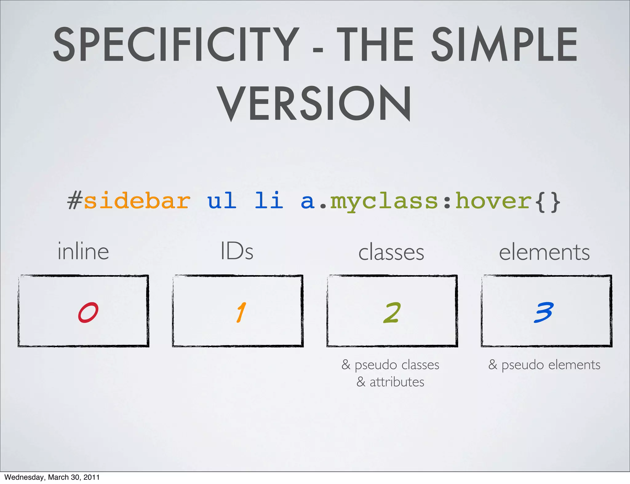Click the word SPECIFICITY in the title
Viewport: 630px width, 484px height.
click(x=176, y=45)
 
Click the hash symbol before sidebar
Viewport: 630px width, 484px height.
click(x=75, y=201)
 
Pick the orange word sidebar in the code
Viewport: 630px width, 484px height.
click(x=137, y=201)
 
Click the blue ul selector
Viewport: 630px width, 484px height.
click(x=221, y=201)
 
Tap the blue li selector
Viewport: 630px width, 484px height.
click(x=269, y=201)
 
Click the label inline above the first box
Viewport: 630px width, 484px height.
click(x=83, y=252)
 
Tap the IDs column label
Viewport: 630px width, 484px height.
click(x=237, y=252)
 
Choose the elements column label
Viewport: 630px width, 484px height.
click(x=544, y=252)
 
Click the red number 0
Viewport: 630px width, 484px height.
click(x=88, y=312)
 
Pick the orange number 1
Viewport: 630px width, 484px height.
click(x=241, y=312)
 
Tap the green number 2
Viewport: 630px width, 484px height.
click(x=392, y=313)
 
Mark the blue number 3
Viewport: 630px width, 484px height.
click(x=544, y=312)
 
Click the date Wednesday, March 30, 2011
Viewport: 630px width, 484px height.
click(x=52, y=477)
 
